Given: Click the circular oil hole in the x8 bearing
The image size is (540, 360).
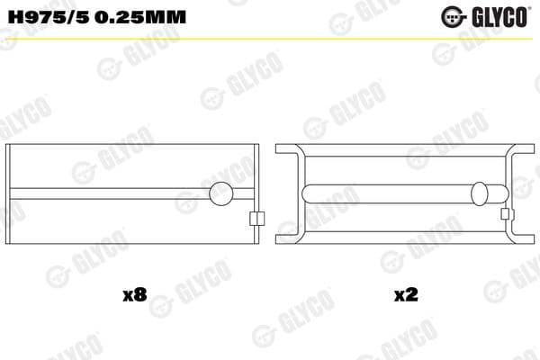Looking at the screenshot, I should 220,193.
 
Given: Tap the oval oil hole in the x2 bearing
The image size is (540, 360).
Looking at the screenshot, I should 481,193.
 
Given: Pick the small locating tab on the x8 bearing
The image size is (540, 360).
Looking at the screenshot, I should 256,218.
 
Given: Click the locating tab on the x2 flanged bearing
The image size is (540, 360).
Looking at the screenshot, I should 507,214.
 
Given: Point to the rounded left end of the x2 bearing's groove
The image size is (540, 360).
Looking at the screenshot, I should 310,193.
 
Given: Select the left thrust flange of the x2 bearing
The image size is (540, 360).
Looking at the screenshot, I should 288,193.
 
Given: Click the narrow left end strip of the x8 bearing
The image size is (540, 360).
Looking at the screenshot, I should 11,193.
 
